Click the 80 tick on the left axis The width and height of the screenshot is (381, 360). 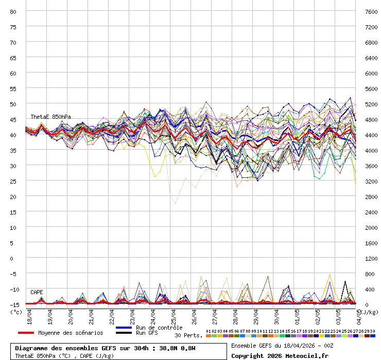click(x=13, y=11)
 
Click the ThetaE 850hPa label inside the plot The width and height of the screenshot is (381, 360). click(x=50, y=117)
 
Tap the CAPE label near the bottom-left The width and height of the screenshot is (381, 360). click(x=37, y=292)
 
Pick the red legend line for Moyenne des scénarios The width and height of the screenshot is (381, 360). click(x=26, y=333)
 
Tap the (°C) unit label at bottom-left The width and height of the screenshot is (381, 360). click(x=15, y=312)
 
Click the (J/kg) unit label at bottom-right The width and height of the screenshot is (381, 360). click(x=369, y=312)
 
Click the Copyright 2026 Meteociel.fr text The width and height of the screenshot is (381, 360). click(x=280, y=355)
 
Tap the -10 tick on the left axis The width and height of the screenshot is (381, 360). click(x=13, y=289)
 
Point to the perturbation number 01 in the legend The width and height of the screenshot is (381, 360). click(x=208, y=331)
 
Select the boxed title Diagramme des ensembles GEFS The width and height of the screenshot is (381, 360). click(x=105, y=348)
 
